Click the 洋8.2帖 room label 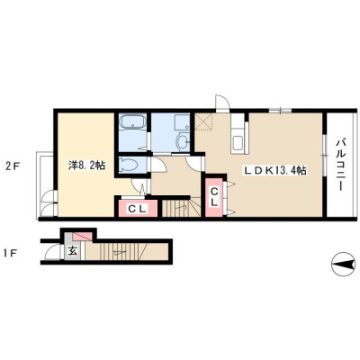click(x=86, y=166)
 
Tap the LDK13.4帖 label click(x=274, y=171)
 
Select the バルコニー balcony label click(x=339, y=165)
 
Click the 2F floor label click(x=13, y=166)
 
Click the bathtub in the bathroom click(x=132, y=122)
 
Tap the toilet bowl click(x=129, y=165)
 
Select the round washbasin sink click(x=183, y=142)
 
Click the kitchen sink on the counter click(x=238, y=142)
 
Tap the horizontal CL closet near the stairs click(x=138, y=209)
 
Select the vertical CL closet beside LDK click(x=214, y=197)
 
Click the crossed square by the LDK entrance click(x=203, y=122)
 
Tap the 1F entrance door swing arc click(x=50, y=252)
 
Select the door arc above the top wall click(x=221, y=103)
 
